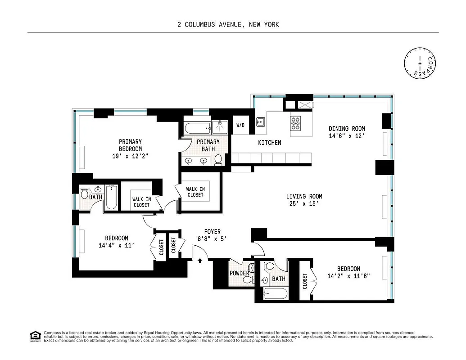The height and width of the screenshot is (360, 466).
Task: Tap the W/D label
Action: coord(240,125)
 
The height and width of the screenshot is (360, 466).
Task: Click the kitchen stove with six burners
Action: coord(296,122)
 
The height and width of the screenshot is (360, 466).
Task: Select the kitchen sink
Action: coord(260,121)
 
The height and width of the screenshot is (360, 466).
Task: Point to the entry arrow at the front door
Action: coord(200,260)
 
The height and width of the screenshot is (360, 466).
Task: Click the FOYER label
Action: coord(212,232)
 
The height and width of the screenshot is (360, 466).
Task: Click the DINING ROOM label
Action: coord(346,128)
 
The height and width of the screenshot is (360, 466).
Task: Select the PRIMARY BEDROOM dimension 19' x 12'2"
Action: coord(130,156)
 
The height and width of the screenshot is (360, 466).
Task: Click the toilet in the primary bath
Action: coord(218,159)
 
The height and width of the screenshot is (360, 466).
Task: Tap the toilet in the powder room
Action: coord(248,279)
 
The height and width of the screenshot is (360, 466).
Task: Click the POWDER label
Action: coord(240,273)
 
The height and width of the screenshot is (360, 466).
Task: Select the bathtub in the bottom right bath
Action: coord(274,295)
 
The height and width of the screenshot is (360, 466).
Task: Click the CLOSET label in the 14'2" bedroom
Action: coord(305,281)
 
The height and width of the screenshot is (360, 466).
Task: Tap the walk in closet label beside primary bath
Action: coord(195,192)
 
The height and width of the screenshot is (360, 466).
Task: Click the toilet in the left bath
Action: coord(84,194)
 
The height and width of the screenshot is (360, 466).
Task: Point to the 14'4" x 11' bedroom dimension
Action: coord(117,246)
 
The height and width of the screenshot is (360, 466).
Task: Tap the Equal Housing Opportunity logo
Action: coord(34,336)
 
